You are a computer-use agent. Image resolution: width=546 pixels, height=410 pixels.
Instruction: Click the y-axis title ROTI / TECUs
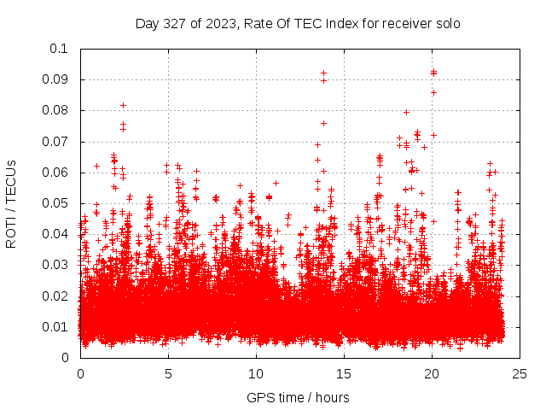click(x=11, y=203)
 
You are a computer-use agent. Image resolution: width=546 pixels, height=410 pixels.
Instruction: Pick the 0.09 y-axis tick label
click(x=56, y=79)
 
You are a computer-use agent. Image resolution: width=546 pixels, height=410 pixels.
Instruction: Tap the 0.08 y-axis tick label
click(x=56, y=110)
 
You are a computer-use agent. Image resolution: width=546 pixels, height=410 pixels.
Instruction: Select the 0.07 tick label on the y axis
click(x=56, y=142)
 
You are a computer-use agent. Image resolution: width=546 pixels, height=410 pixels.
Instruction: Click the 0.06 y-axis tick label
click(x=56, y=173)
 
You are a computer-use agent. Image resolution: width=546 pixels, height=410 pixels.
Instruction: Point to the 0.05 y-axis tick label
click(x=56, y=203)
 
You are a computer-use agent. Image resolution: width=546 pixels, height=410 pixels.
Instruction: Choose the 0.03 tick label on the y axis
click(x=56, y=265)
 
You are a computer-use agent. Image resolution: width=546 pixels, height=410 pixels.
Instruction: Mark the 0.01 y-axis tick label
click(x=56, y=327)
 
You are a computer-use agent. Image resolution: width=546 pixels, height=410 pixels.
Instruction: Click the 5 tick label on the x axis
click(x=168, y=373)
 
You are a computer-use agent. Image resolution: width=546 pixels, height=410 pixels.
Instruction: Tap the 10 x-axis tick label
click(x=256, y=373)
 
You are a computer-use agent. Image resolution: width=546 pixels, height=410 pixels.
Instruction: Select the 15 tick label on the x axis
click(x=344, y=373)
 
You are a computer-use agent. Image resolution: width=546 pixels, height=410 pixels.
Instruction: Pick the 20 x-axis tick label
click(x=432, y=373)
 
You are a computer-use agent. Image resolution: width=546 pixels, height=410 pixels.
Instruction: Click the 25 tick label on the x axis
click(x=520, y=373)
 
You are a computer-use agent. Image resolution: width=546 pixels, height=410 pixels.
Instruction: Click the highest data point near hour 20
click(x=433, y=72)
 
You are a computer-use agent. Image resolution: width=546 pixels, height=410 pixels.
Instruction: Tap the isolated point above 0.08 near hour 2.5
click(x=124, y=105)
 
